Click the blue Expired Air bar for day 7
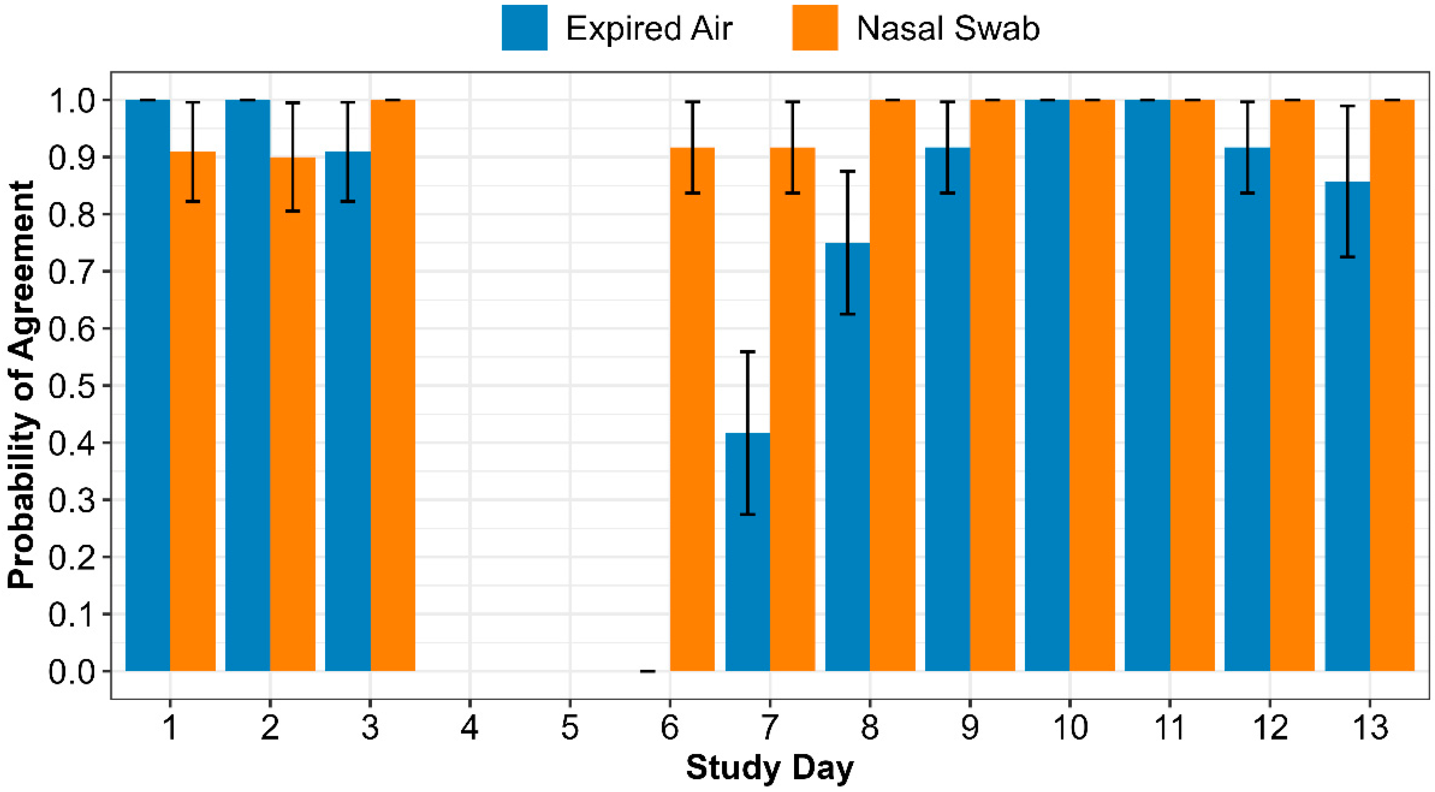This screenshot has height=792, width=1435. tap(748, 557)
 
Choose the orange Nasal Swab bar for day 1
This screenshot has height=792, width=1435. tap(193, 418)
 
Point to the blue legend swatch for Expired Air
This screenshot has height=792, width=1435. tap(524, 28)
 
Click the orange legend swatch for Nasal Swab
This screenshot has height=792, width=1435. tap(814, 28)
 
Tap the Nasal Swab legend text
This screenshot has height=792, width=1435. tap(947, 28)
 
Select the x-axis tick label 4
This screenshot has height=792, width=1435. tap(469, 727)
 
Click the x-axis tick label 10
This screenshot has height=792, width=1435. tap(1070, 727)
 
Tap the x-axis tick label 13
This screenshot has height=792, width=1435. tap(1369, 727)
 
